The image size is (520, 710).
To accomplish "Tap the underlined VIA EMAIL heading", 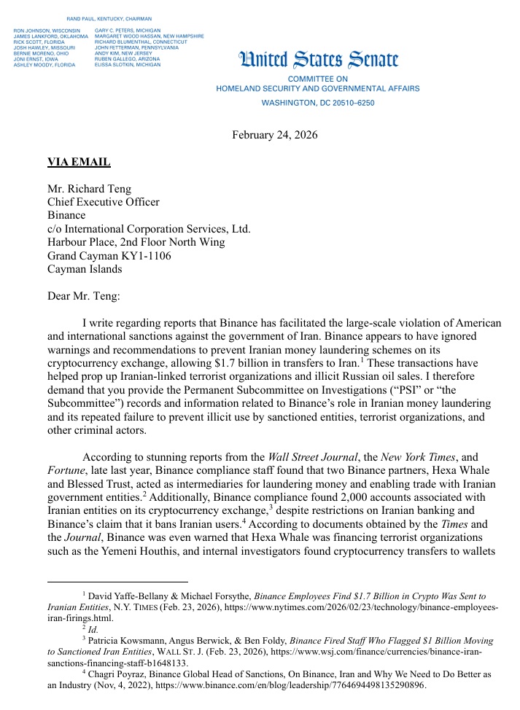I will [79, 162].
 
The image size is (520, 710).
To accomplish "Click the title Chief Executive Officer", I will [103, 202].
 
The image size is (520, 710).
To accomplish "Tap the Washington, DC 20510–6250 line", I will [318, 103].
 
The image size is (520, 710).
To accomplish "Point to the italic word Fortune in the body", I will [66, 471].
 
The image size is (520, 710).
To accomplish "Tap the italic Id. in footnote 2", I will [92, 627].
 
